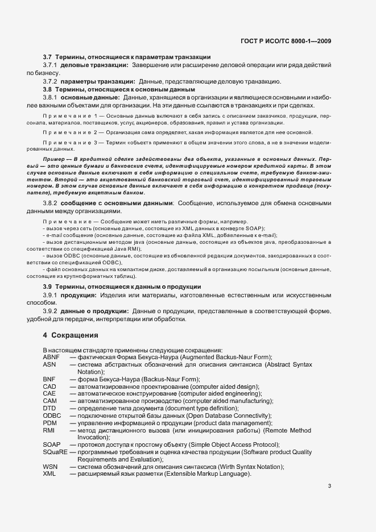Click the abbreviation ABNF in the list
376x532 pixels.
point(51,356)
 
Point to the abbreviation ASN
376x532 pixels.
point(49,364)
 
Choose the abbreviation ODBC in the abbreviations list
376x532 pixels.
point(51,415)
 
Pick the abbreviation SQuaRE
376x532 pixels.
point(55,452)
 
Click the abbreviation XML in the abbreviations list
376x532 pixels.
point(49,474)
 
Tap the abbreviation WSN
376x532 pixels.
point(49,467)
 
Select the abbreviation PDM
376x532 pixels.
point(49,423)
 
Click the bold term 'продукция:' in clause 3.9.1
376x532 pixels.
point(78,296)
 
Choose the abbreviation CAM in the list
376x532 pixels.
point(49,401)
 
